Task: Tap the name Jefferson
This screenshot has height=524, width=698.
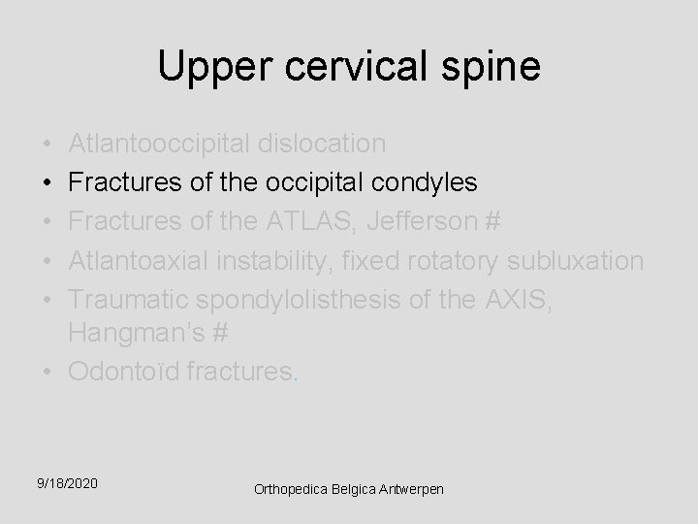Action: [425, 221]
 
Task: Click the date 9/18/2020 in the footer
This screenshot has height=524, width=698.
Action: [69, 482]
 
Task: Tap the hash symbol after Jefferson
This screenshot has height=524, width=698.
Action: [491, 221]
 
